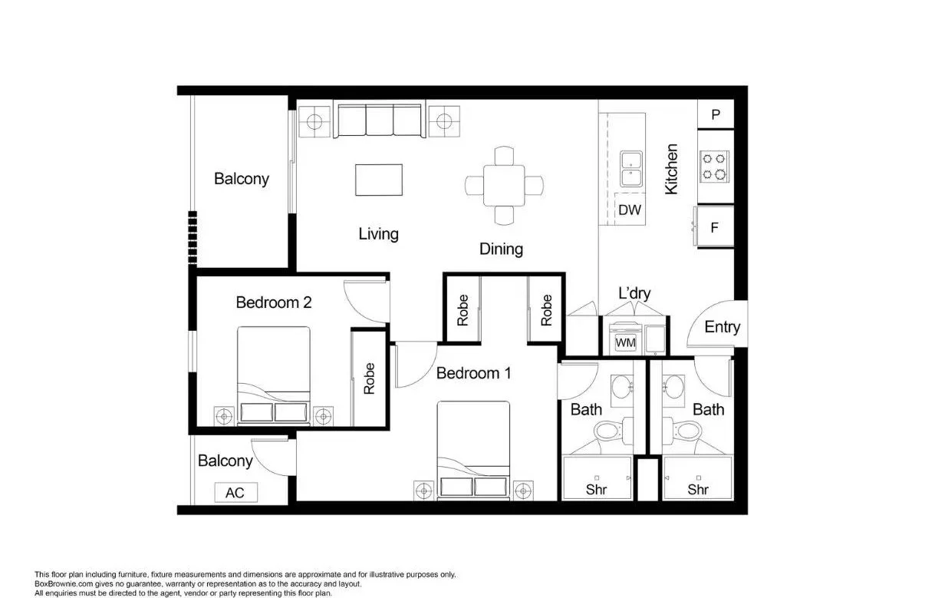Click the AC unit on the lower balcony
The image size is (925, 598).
235,492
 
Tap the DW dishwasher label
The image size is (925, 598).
629,210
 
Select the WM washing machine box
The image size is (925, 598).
626,342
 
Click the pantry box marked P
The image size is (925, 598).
716,114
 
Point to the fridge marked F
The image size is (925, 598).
715,227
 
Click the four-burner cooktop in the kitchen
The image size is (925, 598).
715,167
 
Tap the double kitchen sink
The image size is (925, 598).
632,169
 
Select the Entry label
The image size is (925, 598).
722,327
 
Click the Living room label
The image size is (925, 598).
378,233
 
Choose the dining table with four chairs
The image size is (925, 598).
504,185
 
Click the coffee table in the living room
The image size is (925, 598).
379,180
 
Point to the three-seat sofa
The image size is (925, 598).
380,121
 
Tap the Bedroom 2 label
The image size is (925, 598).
273,302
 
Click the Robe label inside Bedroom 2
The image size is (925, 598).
369,378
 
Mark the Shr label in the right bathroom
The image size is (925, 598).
697,489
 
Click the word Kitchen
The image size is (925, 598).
671,169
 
